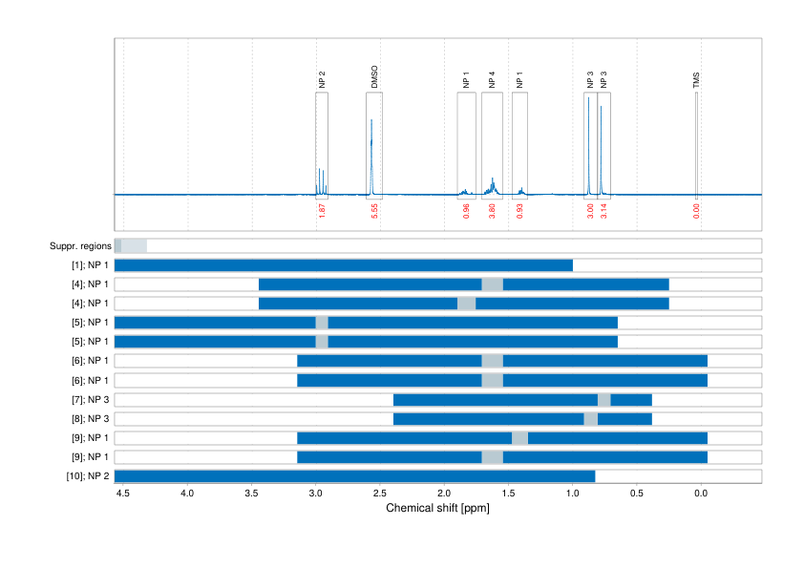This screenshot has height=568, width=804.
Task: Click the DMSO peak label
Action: click(374, 77)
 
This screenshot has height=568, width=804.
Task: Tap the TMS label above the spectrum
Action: click(696, 80)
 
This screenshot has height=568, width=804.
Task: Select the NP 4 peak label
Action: click(492, 80)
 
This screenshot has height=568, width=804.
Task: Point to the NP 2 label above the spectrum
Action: click(322, 79)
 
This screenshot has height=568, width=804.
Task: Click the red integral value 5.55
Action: click(375, 212)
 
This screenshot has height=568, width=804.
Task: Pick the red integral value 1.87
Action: click(322, 212)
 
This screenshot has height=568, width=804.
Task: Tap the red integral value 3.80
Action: click(492, 212)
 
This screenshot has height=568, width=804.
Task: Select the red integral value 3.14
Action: click(603, 212)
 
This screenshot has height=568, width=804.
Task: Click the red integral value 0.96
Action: click(466, 212)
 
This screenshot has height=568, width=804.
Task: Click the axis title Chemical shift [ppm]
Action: click(437, 508)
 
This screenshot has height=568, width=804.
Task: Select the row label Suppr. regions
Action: click(79, 246)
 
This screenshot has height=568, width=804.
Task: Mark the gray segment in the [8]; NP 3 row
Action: click(591, 418)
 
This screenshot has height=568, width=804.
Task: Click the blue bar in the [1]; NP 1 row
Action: click(344, 265)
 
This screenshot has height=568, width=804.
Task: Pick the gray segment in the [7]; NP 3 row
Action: click(604, 399)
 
